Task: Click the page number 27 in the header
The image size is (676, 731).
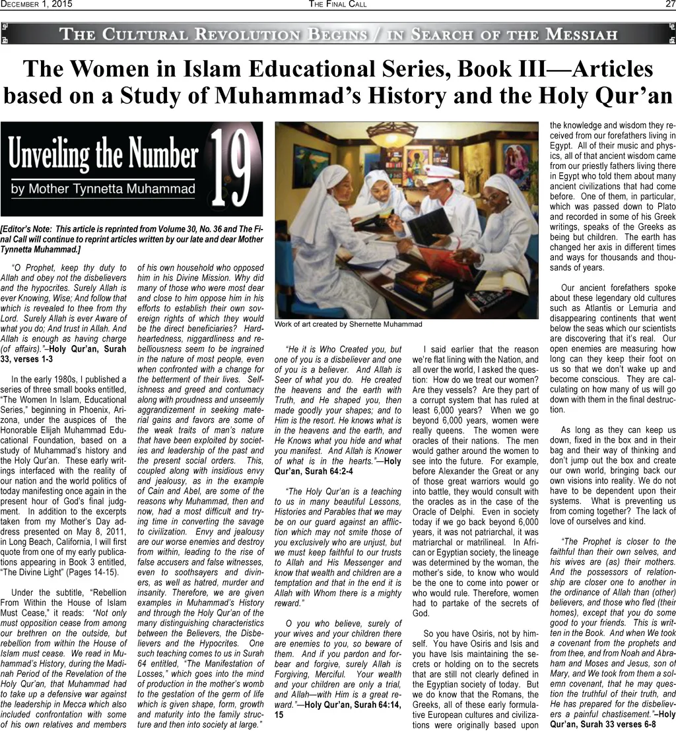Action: click(x=669, y=5)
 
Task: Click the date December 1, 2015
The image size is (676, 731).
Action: click(x=36, y=5)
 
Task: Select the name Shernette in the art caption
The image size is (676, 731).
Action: click(x=369, y=324)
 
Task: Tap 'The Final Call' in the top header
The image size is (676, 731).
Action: click(x=337, y=5)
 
